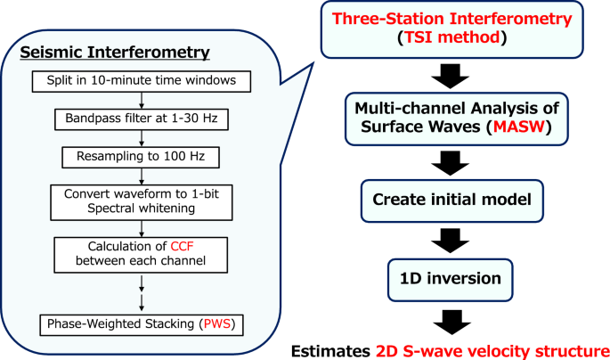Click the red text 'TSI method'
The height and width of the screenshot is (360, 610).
pyautogui.click(x=454, y=40)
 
